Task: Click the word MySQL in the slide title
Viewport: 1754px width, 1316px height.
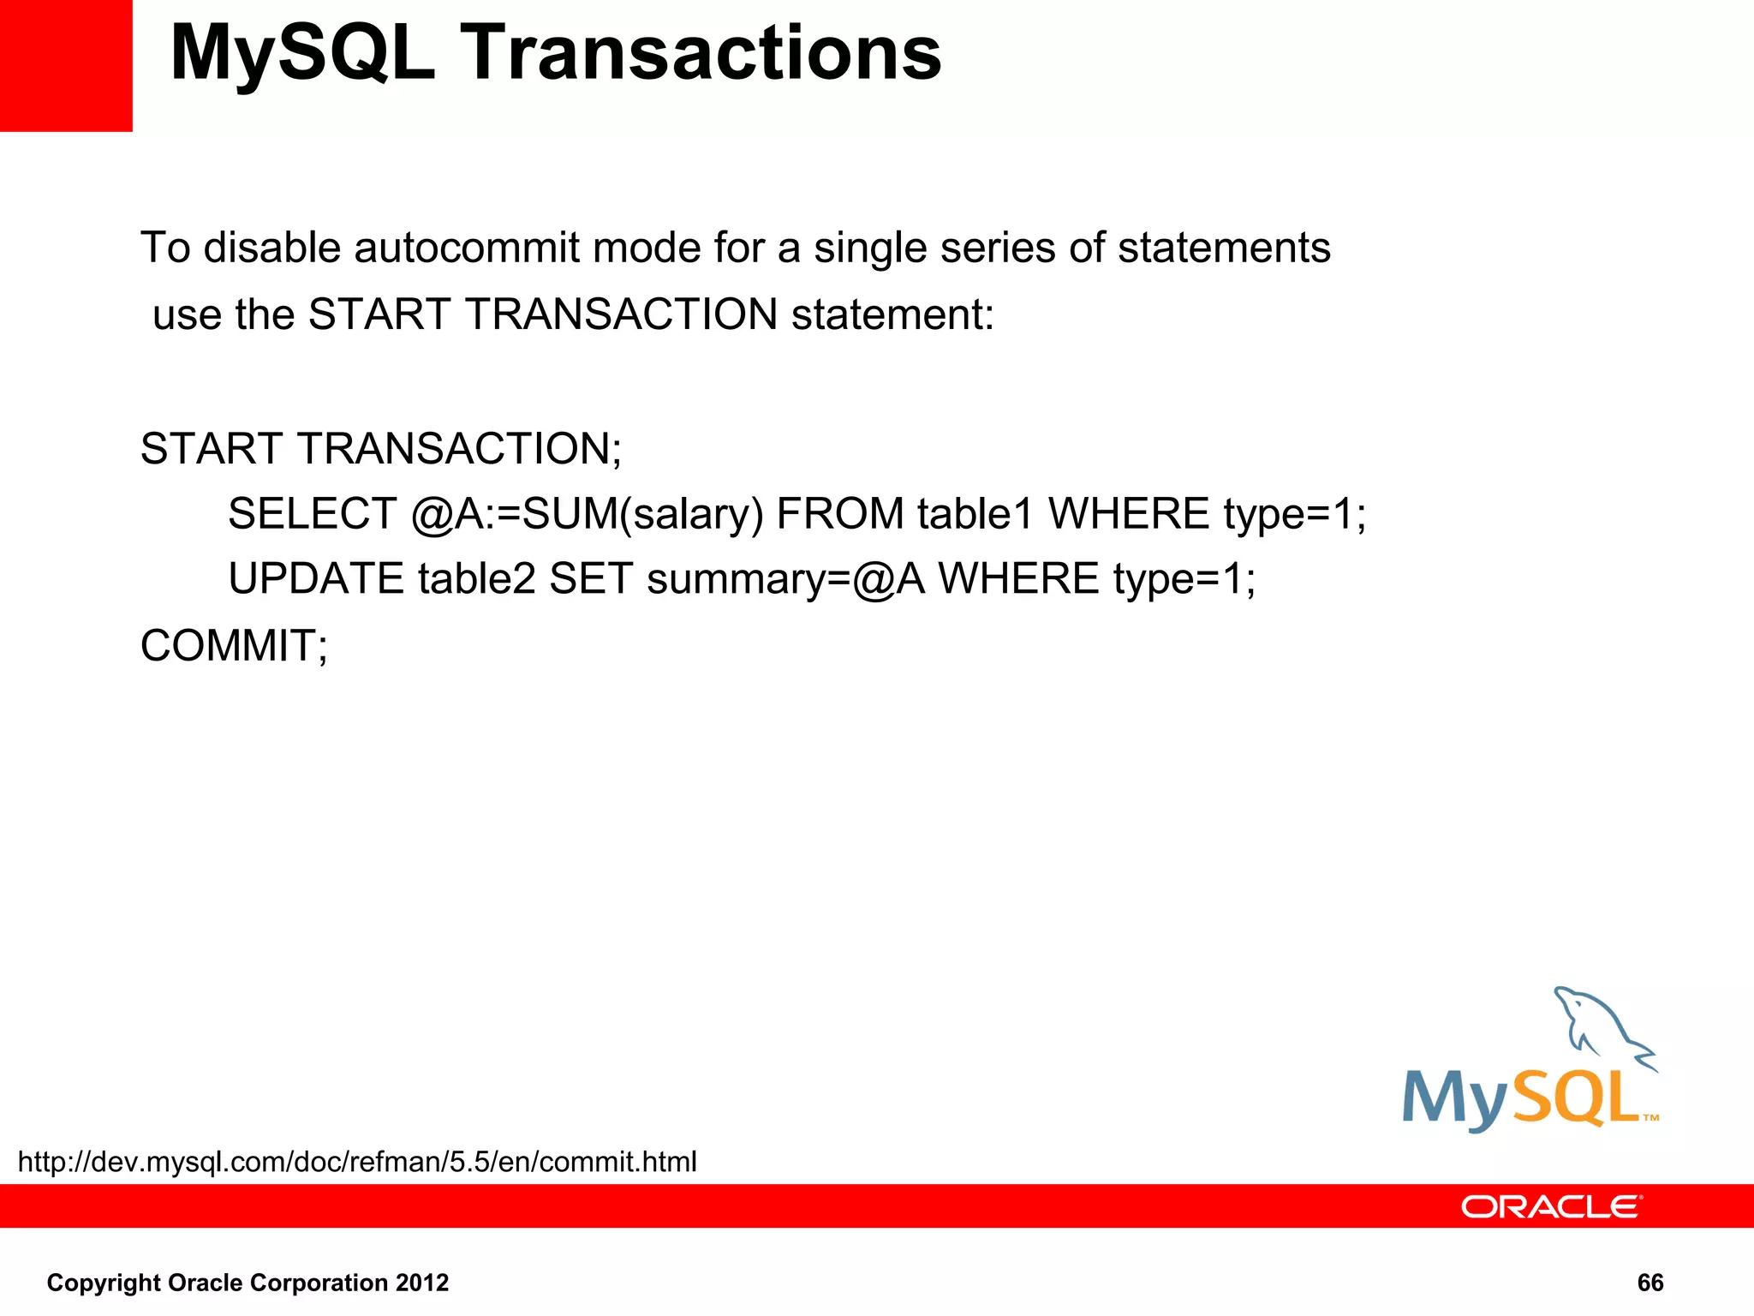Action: pyautogui.click(x=302, y=53)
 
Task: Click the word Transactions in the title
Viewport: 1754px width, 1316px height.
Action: pyautogui.click(x=701, y=53)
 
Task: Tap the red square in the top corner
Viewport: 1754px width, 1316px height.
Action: pyautogui.click(x=65, y=65)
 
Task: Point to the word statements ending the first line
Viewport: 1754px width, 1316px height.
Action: pyautogui.click(x=1224, y=248)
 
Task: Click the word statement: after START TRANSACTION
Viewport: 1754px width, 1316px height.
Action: pyautogui.click(x=892, y=314)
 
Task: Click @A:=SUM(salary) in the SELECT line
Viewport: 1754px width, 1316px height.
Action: pyautogui.click(x=587, y=514)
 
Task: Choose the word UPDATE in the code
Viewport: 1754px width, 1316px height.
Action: pyautogui.click(x=316, y=579)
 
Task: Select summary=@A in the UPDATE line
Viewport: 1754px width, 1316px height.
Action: pyautogui.click(x=785, y=579)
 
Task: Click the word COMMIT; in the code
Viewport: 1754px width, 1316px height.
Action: pyautogui.click(x=234, y=646)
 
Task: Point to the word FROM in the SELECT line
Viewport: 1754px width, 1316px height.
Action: pyautogui.click(x=840, y=514)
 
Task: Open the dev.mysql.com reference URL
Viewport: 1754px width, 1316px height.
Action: pyautogui.click(x=357, y=1162)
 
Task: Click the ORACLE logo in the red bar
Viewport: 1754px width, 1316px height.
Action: pyautogui.click(x=1550, y=1206)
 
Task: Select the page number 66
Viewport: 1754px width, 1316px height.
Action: pyautogui.click(x=1650, y=1283)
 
